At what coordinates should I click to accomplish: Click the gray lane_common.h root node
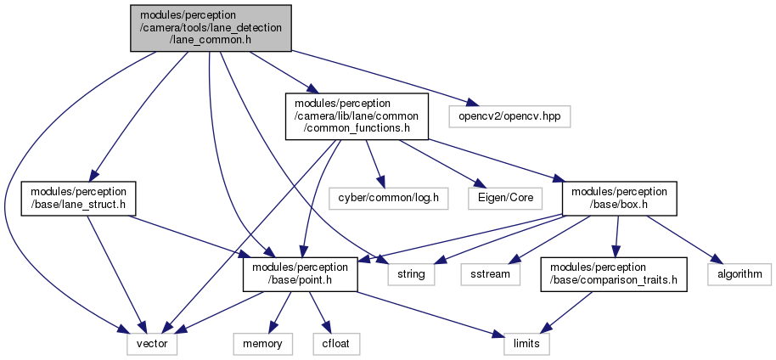211,28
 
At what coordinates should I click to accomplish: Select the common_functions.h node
357,116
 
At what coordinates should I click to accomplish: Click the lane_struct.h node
78,199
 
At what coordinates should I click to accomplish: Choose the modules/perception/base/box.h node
619,199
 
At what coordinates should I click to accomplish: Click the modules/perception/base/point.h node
300,274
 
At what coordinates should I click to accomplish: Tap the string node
411,274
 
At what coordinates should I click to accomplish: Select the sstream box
491,274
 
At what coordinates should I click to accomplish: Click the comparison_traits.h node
614,274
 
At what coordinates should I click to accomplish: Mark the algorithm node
739,274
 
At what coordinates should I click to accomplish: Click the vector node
152,344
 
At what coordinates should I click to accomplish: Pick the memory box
263,344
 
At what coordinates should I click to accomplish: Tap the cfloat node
336,344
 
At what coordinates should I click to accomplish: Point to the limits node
526,344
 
